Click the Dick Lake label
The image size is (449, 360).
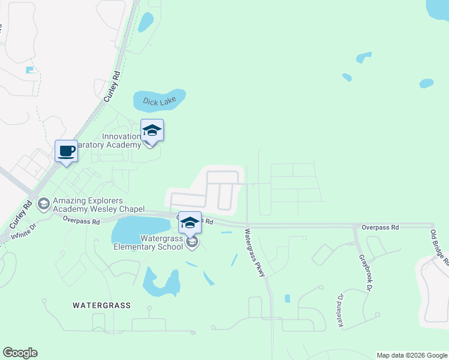159,102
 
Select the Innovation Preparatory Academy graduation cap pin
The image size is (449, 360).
152,130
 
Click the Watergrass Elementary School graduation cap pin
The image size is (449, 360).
190,223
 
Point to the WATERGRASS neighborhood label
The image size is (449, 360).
101,305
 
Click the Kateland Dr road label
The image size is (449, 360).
340,311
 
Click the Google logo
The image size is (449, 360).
20,353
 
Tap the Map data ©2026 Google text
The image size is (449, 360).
412,355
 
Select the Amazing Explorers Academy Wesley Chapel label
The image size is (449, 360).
98,205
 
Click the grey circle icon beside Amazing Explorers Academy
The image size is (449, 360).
43,205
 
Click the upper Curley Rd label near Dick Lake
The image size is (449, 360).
112,88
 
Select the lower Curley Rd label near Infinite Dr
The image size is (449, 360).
20,214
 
